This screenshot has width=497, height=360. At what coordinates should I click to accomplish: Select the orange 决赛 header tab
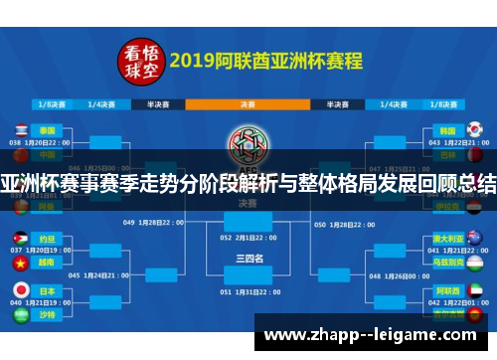click(247, 102)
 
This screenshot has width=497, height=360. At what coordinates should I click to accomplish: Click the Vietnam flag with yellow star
click(20, 264)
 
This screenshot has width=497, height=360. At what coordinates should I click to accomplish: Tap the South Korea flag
click(474, 129)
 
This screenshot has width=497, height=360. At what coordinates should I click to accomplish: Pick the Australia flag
click(474, 239)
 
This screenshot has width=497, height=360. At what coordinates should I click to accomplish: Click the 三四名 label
click(248, 258)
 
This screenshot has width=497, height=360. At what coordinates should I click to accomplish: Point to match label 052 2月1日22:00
click(248, 238)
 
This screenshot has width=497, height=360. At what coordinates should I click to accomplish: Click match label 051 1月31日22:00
click(248, 292)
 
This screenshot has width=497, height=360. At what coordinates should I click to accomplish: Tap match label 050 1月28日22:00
click(345, 223)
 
